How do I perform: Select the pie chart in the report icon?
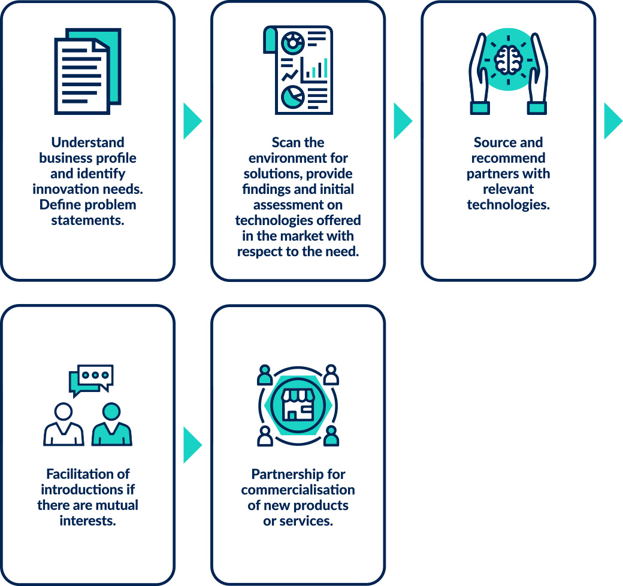point(293,95)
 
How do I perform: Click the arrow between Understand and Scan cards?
point(192,121)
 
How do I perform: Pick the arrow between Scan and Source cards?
point(402,121)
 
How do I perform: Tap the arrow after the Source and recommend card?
point(612,121)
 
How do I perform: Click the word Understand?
point(88,142)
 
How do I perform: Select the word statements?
point(88,220)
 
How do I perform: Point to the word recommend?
point(508,158)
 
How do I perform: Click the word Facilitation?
point(88,474)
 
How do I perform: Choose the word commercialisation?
point(298,490)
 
